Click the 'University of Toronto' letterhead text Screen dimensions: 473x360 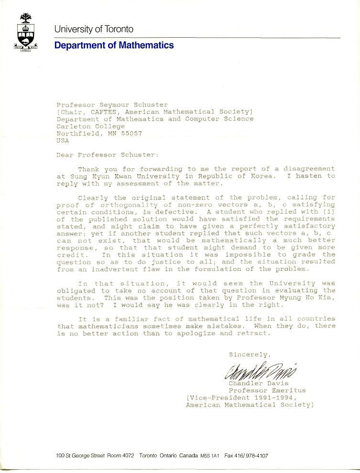tap(94, 29)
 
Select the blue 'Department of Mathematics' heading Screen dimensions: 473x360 tap(114, 45)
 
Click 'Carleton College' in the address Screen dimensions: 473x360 tap(90, 126)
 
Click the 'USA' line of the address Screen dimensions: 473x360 tap(63, 140)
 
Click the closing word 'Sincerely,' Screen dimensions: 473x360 tap(250, 355)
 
